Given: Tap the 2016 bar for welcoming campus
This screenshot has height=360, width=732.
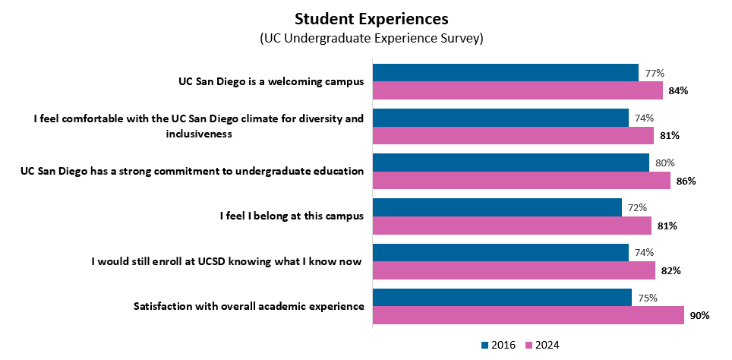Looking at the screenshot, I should pyautogui.click(x=506, y=73).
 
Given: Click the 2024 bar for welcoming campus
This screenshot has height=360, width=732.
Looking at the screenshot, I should pyautogui.click(x=518, y=90).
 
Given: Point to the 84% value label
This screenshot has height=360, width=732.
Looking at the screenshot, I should pyautogui.click(x=678, y=91).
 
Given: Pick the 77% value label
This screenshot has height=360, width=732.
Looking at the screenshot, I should pyautogui.click(x=655, y=74).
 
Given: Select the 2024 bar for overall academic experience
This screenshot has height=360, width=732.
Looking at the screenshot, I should pyautogui.click(x=528, y=315).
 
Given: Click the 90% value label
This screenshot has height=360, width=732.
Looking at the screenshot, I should pyautogui.click(x=699, y=315).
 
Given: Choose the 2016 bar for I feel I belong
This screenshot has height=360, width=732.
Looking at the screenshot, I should pyautogui.click(x=497, y=207).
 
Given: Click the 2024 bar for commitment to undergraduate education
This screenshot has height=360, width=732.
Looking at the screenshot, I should pyautogui.click(x=522, y=180).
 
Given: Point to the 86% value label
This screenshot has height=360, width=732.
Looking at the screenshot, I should pyautogui.click(x=686, y=181).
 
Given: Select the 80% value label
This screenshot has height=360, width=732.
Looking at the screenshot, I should pyautogui.click(x=664, y=163).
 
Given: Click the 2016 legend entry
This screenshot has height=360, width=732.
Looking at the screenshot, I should pyautogui.click(x=499, y=345).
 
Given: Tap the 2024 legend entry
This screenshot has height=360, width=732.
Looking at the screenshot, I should pyautogui.click(x=541, y=345).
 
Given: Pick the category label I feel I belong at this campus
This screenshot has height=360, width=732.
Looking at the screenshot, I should pyautogui.click(x=291, y=216).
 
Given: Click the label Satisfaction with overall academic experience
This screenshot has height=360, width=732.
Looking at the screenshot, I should pyautogui.click(x=248, y=306).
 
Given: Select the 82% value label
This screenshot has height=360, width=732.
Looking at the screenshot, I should pyautogui.click(x=670, y=270).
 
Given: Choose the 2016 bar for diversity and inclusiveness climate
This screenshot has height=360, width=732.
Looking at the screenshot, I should pyautogui.click(x=501, y=118).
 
